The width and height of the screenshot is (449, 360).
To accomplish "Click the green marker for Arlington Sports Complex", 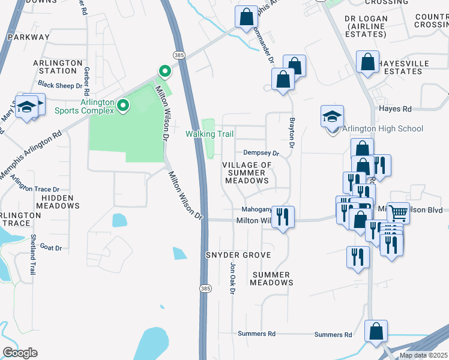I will point(124,106).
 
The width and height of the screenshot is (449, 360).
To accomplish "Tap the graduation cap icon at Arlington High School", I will point(332,118).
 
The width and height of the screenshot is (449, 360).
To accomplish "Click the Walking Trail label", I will point(209,134).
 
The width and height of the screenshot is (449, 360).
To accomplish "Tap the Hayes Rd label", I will point(395,109).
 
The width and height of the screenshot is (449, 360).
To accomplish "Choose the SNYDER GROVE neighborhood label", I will point(238,255).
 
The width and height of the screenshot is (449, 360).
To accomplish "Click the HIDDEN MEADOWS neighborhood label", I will point(58,202).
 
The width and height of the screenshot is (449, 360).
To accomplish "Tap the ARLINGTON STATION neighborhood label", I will point(58,67).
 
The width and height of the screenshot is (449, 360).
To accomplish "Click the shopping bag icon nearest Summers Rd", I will point(376,331).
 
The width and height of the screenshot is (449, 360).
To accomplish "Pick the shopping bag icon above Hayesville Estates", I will point(367,62).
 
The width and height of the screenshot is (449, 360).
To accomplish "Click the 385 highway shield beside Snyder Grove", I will point(205,289).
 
